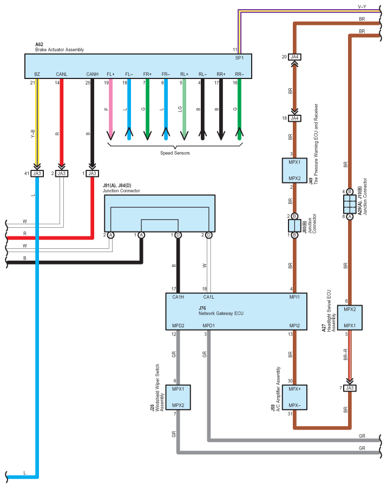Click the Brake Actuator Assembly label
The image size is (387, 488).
click(60, 50)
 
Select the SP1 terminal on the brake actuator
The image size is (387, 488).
click(239, 58)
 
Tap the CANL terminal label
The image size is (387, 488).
click(62, 74)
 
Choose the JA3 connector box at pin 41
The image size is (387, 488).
click(37, 174)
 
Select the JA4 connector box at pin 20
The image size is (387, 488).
click(294, 57)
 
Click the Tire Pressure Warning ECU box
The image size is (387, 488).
click(294, 170)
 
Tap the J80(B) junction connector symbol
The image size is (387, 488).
click(294, 226)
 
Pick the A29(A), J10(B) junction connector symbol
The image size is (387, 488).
click(349, 204)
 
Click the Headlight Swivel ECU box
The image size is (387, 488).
click(349, 318)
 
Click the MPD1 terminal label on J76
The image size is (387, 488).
click(209, 326)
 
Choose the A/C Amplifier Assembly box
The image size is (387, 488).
click(294, 397)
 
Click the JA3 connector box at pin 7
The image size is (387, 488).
click(349, 388)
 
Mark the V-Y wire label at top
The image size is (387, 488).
click(362, 8)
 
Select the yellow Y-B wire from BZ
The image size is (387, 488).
click(37, 124)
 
